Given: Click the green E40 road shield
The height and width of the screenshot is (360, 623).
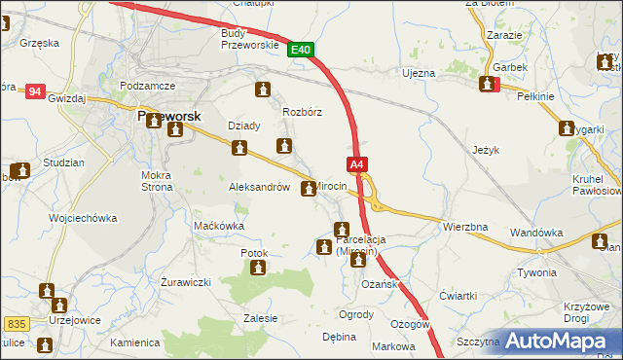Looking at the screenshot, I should [x=302, y=49].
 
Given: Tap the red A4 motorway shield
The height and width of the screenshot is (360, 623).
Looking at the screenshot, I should [x=358, y=165].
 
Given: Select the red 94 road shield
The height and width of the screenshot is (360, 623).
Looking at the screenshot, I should [x=36, y=91].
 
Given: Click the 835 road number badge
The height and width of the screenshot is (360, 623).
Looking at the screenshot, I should [x=14, y=322].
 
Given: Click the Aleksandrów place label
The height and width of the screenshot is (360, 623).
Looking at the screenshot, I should [x=259, y=187].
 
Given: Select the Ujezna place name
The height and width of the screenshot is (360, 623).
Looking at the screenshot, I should [x=419, y=73].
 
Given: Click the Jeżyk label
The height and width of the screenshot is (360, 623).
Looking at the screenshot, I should [x=485, y=151].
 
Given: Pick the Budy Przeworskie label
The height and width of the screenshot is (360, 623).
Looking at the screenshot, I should [x=250, y=38].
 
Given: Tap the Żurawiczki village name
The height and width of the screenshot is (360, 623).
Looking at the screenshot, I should [x=183, y=282].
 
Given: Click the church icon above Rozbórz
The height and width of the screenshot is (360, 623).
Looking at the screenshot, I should [x=262, y=90].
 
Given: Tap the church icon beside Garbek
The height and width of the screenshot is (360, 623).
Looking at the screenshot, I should [x=487, y=85].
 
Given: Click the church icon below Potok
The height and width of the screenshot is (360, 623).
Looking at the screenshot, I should [x=258, y=270].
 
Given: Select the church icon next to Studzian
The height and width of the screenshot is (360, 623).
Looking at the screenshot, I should [x=21, y=170].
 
